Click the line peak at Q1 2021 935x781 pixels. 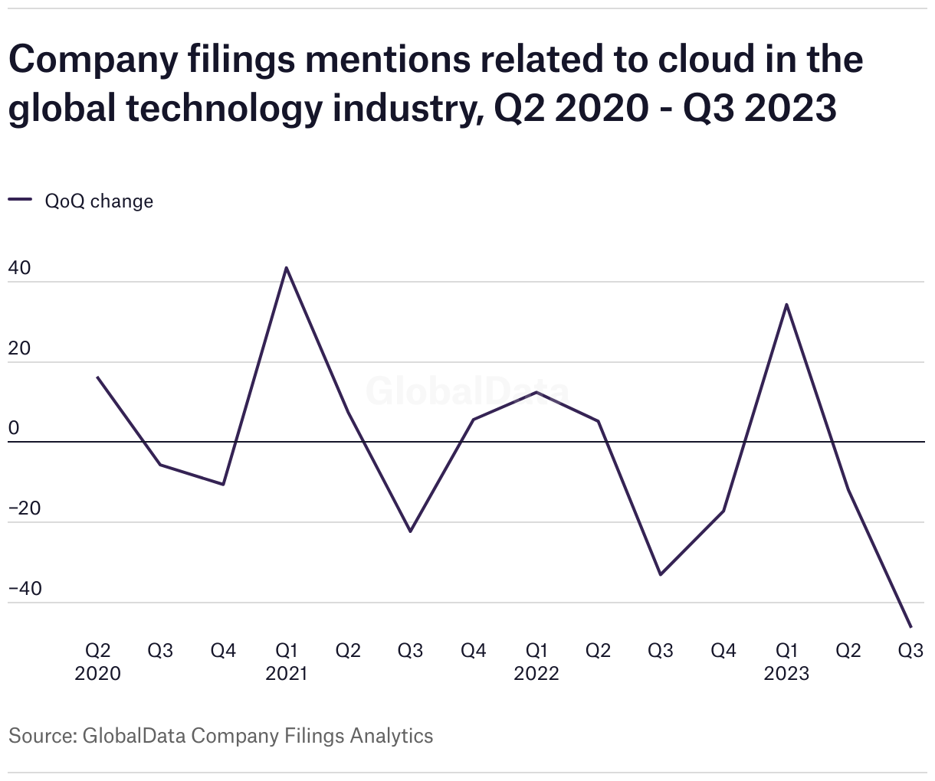[286, 268]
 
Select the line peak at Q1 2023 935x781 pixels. [786, 305]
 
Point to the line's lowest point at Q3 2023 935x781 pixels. [910, 627]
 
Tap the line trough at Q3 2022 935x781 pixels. [661, 574]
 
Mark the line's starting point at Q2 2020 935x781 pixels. [97, 377]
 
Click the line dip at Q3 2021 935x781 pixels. [410, 531]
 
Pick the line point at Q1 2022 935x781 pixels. [536, 392]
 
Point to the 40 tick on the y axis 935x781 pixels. [19, 269]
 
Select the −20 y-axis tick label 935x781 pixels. [25, 509]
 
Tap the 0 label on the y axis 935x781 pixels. [13, 429]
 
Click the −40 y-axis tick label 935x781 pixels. [25, 590]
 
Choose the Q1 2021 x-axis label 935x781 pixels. [286, 662]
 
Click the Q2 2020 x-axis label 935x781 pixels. [97, 662]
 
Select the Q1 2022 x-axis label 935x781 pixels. [536, 662]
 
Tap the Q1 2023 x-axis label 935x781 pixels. [786, 662]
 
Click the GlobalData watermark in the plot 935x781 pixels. [467, 391]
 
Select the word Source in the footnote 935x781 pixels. [40, 736]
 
